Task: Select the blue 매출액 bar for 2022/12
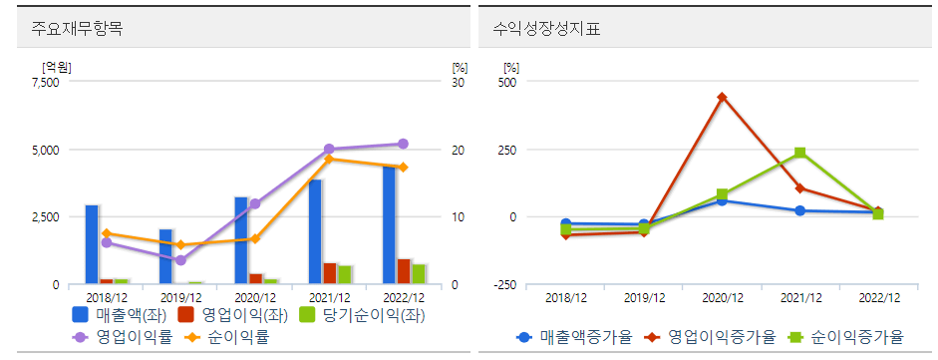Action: coord(390,225)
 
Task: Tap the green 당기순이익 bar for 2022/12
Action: coord(419,274)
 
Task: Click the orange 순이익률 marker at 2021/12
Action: coord(329,159)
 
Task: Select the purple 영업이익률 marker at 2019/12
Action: coord(179,260)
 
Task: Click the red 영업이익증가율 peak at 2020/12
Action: coord(722,98)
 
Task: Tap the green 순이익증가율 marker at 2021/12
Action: coord(800,153)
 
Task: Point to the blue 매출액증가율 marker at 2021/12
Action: coord(800,210)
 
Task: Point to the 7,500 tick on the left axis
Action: coord(46,83)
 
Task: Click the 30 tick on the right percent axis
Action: coord(459,83)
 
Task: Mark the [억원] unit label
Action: coord(57,67)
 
